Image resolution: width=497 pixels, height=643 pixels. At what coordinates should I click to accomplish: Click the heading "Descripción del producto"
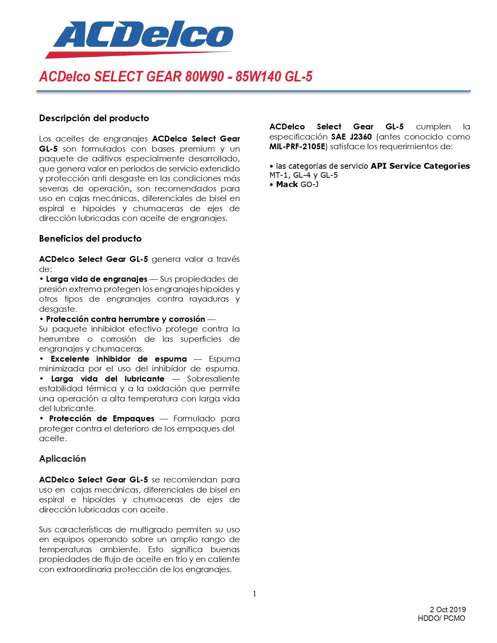(x=94, y=118)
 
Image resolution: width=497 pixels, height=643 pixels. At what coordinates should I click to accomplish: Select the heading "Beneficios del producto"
(x=90, y=238)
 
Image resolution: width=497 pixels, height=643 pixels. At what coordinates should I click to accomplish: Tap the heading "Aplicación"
(x=62, y=459)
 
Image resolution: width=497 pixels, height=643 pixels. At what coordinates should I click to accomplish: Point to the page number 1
(x=255, y=594)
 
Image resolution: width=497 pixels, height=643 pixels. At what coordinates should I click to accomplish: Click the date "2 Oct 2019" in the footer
(x=447, y=609)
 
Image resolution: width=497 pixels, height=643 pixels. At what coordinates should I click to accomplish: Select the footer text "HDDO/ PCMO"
(x=441, y=618)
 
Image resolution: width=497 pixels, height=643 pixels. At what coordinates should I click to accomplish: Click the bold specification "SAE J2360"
(x=351, y=137)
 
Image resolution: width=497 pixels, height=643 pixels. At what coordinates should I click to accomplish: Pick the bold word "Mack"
(x=287, y=184)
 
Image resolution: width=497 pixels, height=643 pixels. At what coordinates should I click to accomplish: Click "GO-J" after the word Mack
(x=310, y=184)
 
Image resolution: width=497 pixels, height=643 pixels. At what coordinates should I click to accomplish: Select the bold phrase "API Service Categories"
(x=420, y=166)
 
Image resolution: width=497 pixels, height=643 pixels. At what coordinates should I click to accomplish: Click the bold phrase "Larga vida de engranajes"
(x=97, y=279)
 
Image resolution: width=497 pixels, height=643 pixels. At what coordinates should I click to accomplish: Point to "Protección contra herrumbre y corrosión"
(x=126, y=319)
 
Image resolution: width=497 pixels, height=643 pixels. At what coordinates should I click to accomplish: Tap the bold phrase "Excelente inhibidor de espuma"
(x=119, y=359)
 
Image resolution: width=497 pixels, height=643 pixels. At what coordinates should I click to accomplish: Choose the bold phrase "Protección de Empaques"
(x=102, y=419)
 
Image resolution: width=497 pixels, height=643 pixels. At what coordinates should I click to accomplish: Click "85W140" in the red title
(x=258, y=76)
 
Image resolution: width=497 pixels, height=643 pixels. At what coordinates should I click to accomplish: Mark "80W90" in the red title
(x=204, y=76)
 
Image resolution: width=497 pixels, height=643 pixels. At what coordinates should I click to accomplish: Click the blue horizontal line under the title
(x=253, y=92)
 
